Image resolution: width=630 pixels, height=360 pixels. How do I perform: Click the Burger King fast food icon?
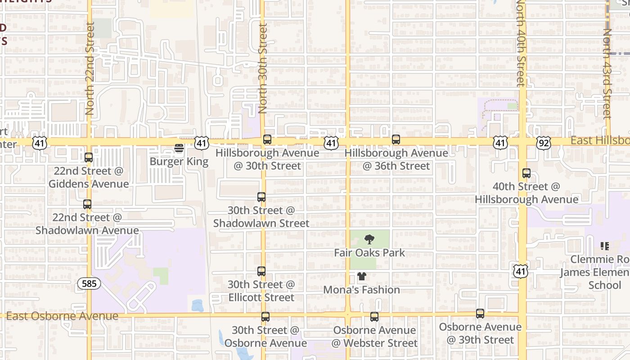click(179, 148)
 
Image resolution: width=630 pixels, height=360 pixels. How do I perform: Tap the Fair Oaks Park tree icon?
click(369, 239)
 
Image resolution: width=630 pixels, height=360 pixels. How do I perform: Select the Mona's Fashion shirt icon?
click(362, 276)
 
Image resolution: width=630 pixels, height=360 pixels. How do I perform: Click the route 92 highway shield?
click(544, 143)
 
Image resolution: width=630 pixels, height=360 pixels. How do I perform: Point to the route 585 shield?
click(89, 283)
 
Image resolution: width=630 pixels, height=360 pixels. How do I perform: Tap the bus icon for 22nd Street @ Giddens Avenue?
click(89, 157)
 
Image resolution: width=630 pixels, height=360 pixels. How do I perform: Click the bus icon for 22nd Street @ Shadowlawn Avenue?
click(87, 204)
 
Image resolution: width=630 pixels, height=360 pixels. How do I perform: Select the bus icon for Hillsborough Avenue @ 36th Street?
click(396, 139)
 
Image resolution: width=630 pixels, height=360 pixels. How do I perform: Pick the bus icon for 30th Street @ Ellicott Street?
click(261, 271)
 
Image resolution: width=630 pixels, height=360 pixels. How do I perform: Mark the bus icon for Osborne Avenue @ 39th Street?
click(480, 314)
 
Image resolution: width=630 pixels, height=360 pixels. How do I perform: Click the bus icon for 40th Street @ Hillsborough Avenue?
click(526, 173)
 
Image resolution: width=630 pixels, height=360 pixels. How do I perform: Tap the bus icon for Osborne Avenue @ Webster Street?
click(374, 317)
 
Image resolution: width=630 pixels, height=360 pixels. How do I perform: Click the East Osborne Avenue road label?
click(62, 316)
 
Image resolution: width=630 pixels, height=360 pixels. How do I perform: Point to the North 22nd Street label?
click(90, 68)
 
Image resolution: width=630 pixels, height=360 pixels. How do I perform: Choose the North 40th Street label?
click(521, 43)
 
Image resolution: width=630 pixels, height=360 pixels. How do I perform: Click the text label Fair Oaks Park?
click(369, 253)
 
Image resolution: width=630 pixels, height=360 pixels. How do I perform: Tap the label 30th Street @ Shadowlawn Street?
click(261, 217)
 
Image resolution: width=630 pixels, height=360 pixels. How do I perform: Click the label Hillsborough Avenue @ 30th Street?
click(267, 159)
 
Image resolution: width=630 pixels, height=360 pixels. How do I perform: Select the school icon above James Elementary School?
click(605, 246)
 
